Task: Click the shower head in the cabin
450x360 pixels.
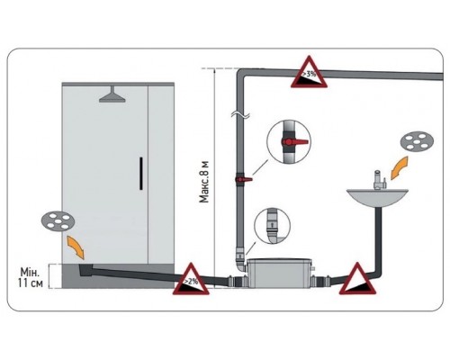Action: tap(112, 95)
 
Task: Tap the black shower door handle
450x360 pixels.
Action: tap(141, 174)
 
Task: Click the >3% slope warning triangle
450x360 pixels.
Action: tap(309, 75)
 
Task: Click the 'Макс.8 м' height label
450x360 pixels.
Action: tap(204, 182)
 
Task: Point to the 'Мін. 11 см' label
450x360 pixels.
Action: tap(30, 277)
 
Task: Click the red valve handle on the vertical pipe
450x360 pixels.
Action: tap(244, 179)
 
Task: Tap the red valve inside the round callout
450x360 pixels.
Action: tap(294, 141)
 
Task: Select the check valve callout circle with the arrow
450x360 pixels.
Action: tap(272, 226)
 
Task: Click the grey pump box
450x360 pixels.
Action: tap(279, 273)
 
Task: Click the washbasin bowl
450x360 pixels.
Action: tap(377, 197)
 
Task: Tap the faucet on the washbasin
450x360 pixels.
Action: tap(379, 179)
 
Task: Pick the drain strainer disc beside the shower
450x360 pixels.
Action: tap(58, 221)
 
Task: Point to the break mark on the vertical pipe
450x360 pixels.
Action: tap(241, 114)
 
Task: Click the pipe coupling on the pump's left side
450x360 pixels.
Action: tap(237, 282)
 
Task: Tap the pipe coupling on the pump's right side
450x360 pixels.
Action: tap(321, 282)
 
